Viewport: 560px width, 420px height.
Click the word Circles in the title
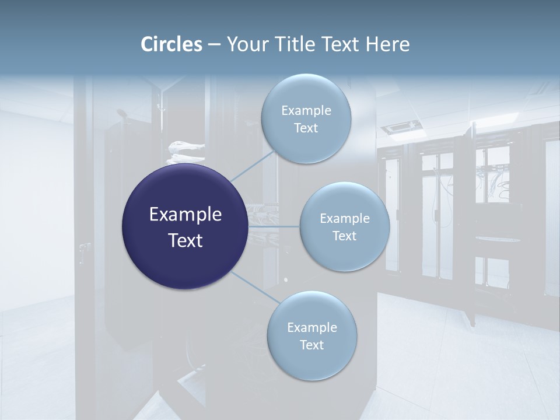(x=171, y=44)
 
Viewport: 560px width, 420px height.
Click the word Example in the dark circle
(x=185, y=215)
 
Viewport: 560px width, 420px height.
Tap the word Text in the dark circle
(x=185, y=240)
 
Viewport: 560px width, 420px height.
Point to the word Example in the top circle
(x=306, y=111)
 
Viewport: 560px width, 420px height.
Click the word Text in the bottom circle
(x=311, y=345)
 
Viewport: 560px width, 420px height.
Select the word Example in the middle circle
(x=345, y=219)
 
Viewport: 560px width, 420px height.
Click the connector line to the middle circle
(x=274, y=226)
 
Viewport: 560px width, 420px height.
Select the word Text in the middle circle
(x=344, y=236)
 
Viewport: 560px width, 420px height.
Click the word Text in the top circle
(x=306, y=128)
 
